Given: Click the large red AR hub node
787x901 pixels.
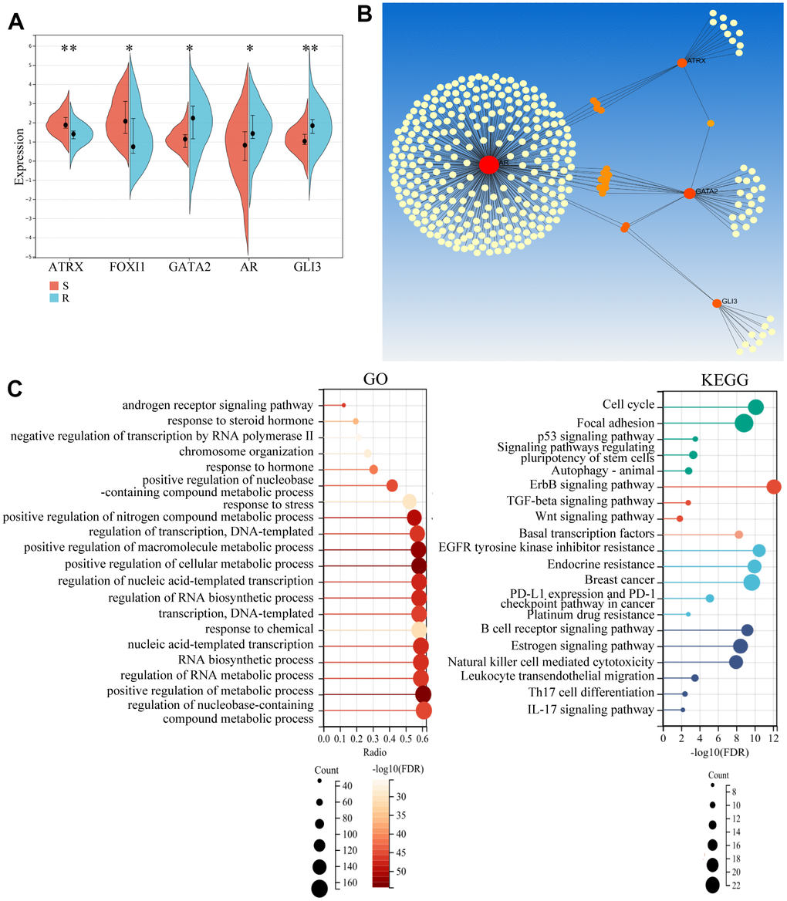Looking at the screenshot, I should [488, 164].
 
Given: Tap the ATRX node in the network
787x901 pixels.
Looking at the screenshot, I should [681, 62].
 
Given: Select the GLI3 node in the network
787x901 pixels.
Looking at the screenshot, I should [717, 303].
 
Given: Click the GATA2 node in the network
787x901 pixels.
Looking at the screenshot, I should [689, 193].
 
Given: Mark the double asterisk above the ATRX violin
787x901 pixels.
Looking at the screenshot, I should [69, 50].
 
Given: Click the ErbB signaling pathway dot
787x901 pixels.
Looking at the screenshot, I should [774, 486].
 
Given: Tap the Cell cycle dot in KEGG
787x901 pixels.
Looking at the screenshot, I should [755, 407].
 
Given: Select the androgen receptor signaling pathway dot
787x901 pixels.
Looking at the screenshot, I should [343, 405].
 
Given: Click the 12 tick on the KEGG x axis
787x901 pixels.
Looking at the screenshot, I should [774, 738].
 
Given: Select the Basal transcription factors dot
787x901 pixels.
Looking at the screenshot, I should [738, 535].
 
